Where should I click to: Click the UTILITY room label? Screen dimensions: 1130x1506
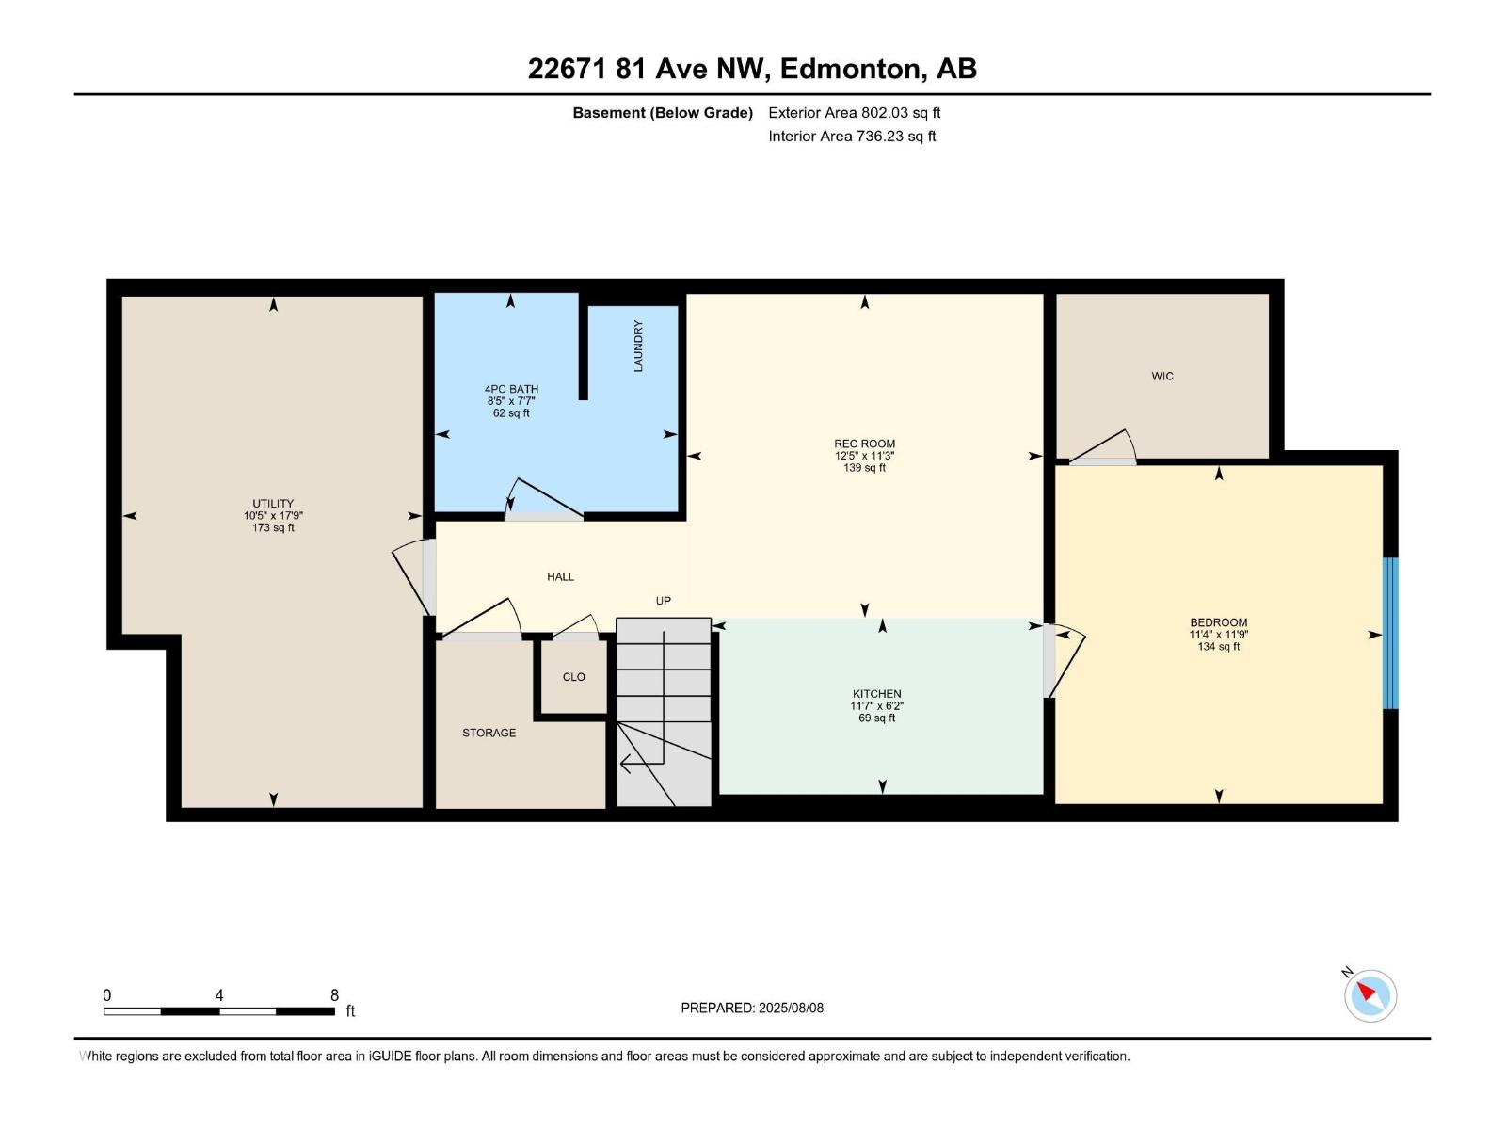coord(273,504)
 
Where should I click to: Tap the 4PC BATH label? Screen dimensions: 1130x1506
coord(511,389)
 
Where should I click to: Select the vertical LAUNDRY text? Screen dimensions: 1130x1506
coord(638,347)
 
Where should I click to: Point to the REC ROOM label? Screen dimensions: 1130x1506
coord(864,444)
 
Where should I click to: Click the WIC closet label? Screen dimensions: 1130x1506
coord(1162,377)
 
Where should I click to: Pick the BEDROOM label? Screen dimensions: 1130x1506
coord(1218,622)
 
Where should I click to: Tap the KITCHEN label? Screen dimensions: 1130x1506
coord(876,694)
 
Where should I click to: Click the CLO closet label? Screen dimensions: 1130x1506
coord(573,677)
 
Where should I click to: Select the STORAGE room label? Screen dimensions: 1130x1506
coord(489,733)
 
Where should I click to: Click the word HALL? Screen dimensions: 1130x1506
coord(560,577)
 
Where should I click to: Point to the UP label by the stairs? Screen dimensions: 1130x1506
coord(664,601)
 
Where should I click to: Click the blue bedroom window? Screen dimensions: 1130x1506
coord(1390,633)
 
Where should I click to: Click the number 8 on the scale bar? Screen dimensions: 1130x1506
coord(334,995)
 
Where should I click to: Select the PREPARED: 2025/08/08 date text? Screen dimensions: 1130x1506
coord(752,1008)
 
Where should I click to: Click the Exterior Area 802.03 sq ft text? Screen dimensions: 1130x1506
coord(854,113)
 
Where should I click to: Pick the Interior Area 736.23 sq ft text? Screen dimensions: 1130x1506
coord(852,137)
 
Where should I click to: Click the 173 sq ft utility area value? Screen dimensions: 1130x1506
coord(273,528)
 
